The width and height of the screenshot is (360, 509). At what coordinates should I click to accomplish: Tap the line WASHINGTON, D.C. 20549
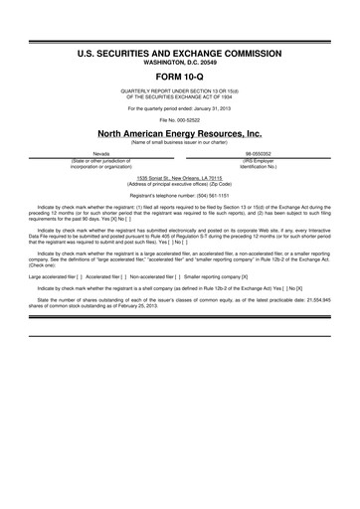[x=179, y=59]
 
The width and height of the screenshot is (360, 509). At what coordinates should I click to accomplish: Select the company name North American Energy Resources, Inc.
[x=179, y=132]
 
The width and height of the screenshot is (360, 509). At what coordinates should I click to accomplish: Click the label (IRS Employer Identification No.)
[x=259, y=163]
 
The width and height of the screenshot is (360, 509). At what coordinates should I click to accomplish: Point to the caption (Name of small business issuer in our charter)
[x=179, y=142]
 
